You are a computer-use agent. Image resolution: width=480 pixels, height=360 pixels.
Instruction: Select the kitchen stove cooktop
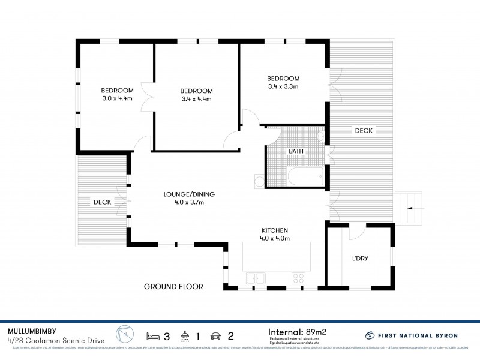coord(298,278)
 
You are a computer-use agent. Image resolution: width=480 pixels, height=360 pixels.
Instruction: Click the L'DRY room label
coord(360,259)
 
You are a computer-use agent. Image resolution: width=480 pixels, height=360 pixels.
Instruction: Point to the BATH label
coord(296,151)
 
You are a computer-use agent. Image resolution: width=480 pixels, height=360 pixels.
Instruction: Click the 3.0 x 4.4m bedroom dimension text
coord(116,98)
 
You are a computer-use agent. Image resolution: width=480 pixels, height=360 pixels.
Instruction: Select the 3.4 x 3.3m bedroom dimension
coord(283,87)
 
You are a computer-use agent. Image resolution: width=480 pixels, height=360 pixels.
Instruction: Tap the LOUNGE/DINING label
coord(189,194)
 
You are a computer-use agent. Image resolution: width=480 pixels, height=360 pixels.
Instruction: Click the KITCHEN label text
coord(275,230)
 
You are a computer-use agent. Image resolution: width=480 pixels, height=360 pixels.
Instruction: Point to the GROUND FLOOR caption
coord(173,287)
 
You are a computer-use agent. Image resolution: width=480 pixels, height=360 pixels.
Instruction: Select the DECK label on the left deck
coord(102,202)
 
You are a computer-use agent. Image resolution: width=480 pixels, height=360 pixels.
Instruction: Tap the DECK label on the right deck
coord(363,130)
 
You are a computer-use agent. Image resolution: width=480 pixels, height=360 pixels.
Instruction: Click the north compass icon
coord(125,334)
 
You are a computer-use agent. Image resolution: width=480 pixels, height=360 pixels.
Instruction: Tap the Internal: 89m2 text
coord(299,331)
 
